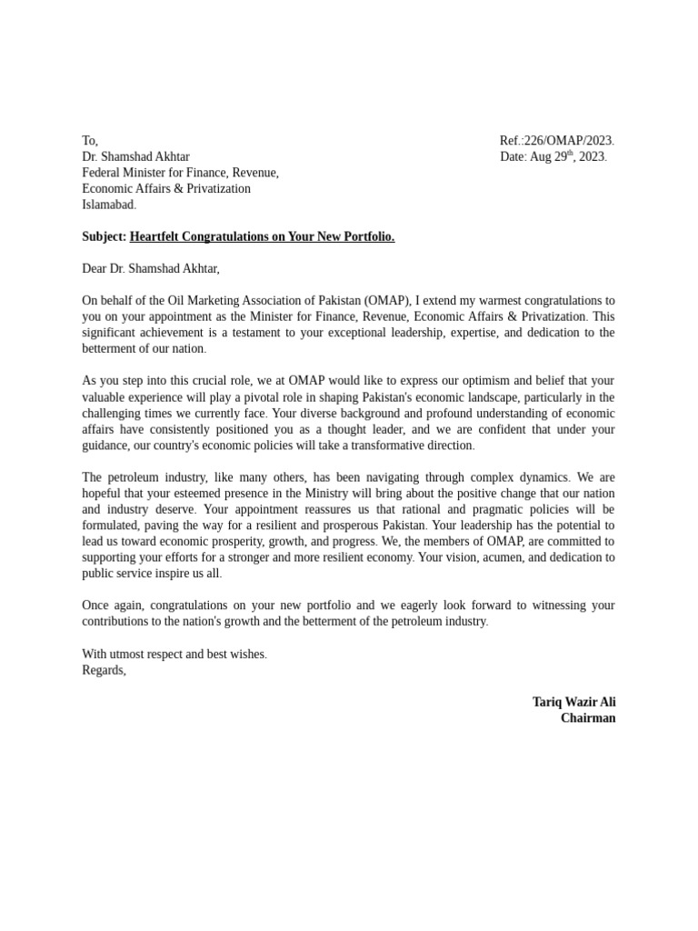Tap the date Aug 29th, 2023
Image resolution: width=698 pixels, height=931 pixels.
[x=553, y=156]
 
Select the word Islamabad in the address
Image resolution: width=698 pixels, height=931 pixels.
[x=108, y=205]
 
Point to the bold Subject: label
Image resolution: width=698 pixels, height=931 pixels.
[x=104, y=236]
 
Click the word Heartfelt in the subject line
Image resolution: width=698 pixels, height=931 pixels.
[x=157, y=236]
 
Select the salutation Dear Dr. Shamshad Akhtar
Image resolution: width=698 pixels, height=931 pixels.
[x=150, y=268]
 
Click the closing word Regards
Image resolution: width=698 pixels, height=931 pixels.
[x=104, y=670]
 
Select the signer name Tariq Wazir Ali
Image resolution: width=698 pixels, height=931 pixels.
[x=573, y=702]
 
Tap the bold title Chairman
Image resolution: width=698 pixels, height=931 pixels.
[x=588, y=718]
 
